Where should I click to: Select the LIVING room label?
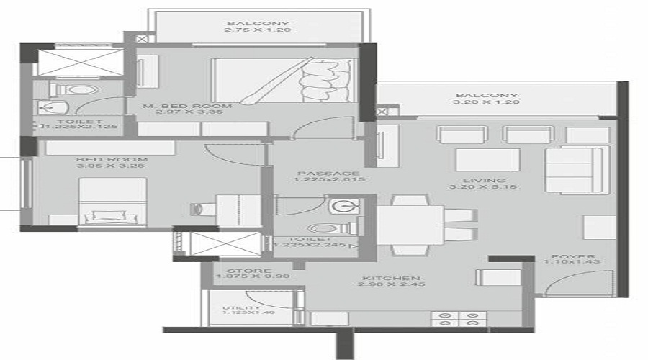click(x=487, y=181)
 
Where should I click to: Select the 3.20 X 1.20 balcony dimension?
click(x=496, y=102)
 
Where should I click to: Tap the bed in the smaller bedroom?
click(x=112, y=202)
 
